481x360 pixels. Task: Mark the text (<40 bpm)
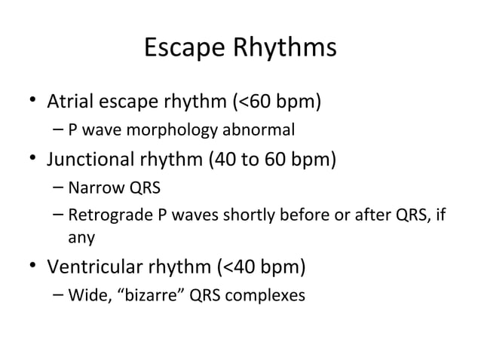coord(261,267)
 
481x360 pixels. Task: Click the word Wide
coord(84,295)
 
